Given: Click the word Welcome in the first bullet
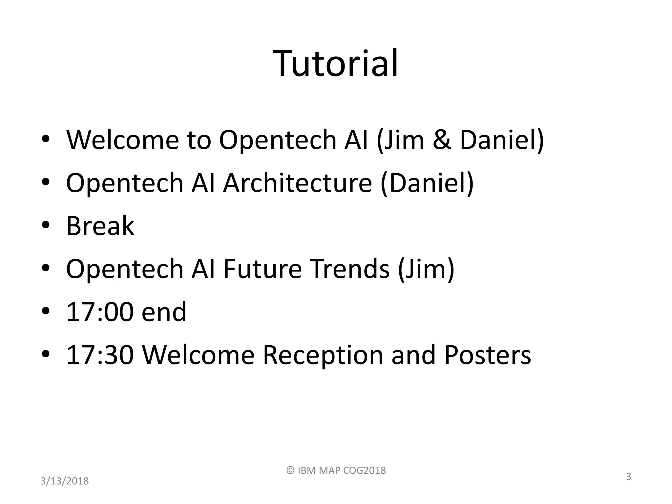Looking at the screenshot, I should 122,140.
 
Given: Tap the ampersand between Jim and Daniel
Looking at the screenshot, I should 442,140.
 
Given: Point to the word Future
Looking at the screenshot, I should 262,269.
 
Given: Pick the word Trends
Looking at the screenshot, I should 350,269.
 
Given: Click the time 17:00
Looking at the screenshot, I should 100,312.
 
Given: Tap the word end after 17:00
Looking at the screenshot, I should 164,312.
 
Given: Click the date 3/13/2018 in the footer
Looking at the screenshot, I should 65,481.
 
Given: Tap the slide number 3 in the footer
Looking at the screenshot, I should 628,476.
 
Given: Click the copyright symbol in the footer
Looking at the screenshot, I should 290,470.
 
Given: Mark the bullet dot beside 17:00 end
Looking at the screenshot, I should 46,311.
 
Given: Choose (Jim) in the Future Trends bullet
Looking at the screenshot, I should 426,269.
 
